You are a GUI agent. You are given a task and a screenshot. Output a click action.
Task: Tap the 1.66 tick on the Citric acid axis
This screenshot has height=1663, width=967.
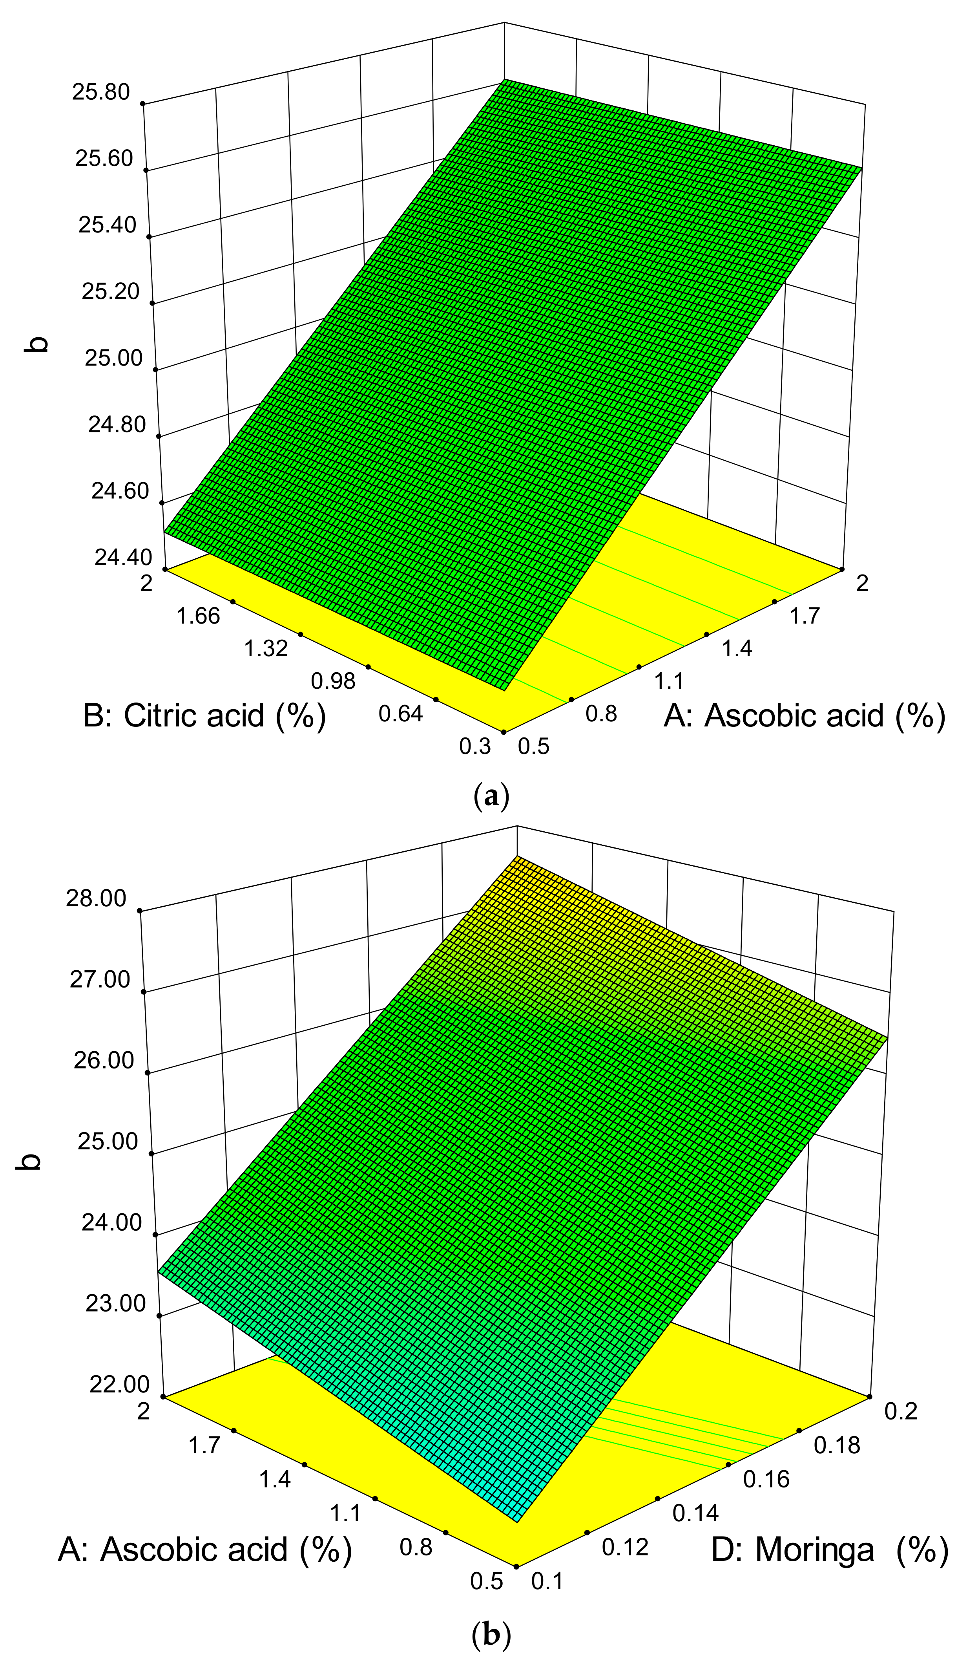pos(198,616)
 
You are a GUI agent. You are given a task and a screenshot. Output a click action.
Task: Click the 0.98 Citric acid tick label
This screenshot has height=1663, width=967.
pos(333,681)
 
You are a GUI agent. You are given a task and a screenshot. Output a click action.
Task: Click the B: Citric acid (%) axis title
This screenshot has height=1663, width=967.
pos(204,715)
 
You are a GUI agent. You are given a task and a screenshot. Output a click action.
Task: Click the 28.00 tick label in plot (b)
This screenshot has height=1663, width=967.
pos(96,899)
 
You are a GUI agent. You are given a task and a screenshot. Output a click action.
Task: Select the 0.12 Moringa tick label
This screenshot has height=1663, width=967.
pos(625,1547)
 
